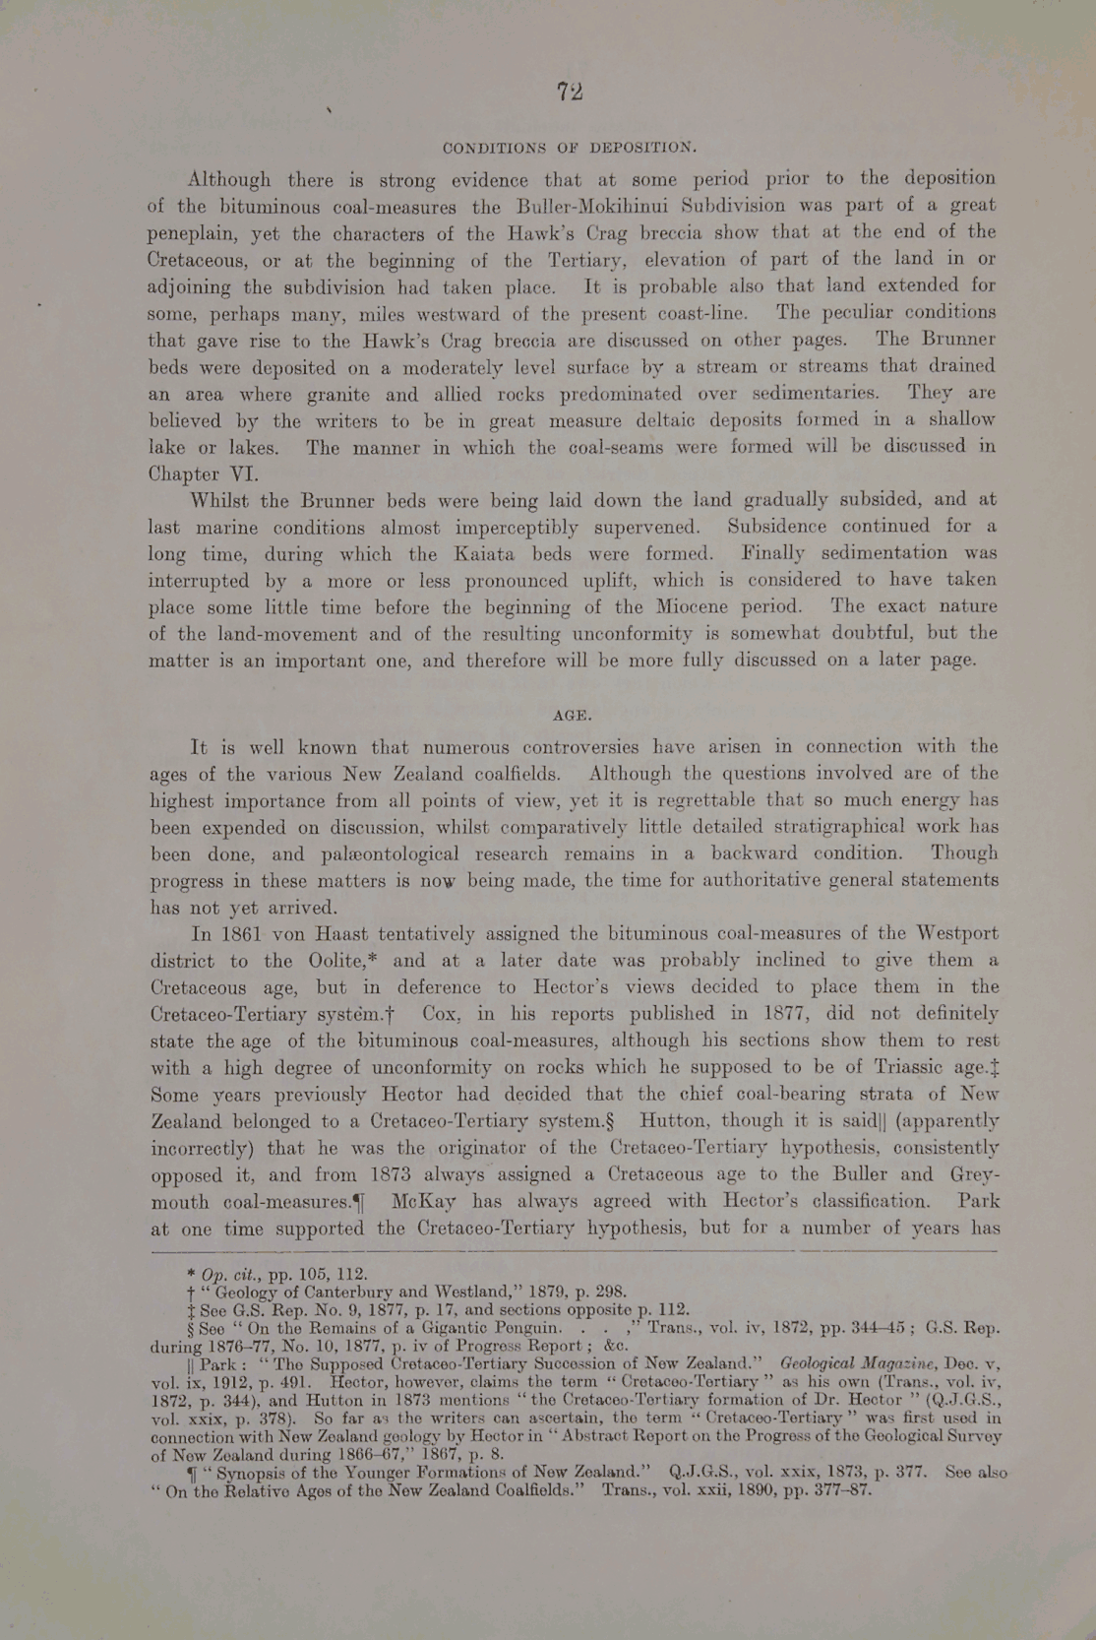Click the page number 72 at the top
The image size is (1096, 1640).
click(x=570, y=93)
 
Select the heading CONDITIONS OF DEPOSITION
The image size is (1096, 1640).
click(x=570, y=149)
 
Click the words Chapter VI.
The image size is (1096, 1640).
click(x=204, y=473)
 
